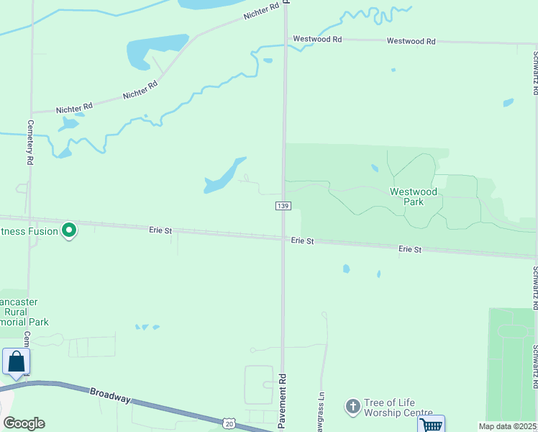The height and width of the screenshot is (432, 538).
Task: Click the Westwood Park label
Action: point(413,197)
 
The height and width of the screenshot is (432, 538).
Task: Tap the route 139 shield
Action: point(283,207)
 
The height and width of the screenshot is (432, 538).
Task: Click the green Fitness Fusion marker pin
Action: point(69,230)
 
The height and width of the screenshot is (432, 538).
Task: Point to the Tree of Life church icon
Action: point(352,407)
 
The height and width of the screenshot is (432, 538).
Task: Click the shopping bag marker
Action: point(16,361)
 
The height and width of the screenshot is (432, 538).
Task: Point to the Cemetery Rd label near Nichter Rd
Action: point(31,143)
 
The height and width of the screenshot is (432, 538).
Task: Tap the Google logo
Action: point(24,423)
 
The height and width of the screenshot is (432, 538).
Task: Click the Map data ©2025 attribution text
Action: point(508,426)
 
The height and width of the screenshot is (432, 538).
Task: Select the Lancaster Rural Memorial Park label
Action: point(25,312)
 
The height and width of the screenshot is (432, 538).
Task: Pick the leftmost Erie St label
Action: point(160,230)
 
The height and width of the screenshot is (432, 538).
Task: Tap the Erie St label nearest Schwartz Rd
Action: point(410,249)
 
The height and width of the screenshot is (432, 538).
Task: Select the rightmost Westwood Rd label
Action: point(411,42)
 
